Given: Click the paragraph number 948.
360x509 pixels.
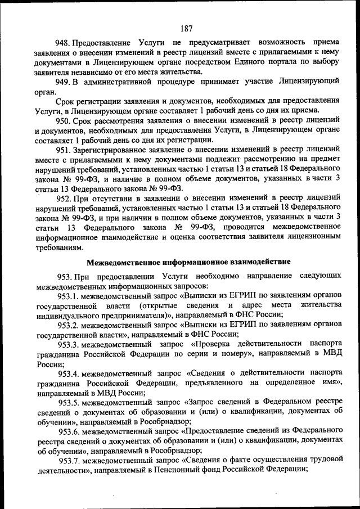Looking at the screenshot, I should pyautogui.click(x=62, y=43).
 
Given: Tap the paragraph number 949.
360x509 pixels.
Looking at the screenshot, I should pyautogui.click(x=62, y=82).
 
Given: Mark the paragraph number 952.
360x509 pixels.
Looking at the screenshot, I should pyautogui.click(x=62, y=199).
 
